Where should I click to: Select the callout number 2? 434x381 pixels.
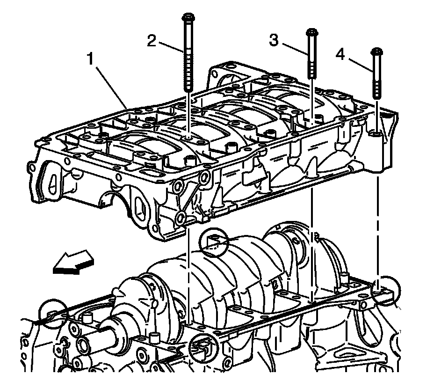(151, 41)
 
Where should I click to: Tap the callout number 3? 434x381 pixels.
(275, 41)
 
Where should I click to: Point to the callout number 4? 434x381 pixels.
(340, 55)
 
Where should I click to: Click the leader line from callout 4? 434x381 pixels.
(360, 64)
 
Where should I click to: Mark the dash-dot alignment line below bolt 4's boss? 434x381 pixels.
(377, 225)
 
